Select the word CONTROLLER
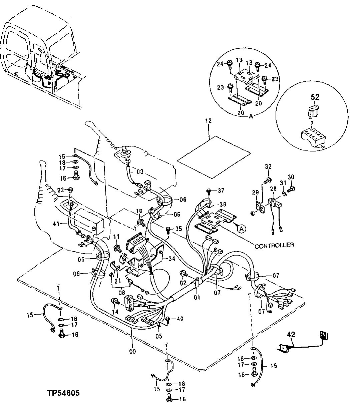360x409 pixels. coord(274,245)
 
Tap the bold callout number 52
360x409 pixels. coord(315,97)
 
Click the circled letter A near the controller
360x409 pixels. coord(242,229)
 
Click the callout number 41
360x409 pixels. coord(56,224)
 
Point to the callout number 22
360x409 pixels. coord(60,190)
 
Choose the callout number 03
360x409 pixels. coord(140,171)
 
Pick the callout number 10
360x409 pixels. coord(139,211)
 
